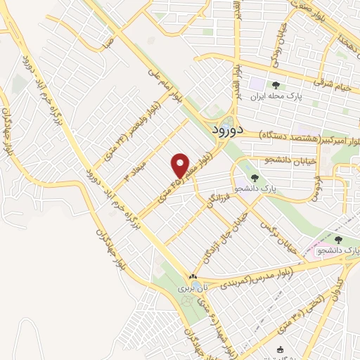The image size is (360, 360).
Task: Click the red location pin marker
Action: pos(181,165)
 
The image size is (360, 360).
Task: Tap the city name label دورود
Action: pos(227,130)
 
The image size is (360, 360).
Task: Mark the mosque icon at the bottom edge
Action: pos(281,349)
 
